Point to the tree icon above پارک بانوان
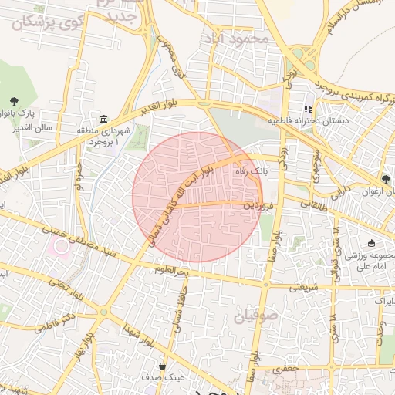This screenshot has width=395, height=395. (x=14, y=100)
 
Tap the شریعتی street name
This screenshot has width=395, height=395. (x=303, y=287)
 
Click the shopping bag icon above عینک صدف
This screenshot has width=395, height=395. (x=162, y=366)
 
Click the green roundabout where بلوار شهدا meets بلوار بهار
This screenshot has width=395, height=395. (x=103, y=312)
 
